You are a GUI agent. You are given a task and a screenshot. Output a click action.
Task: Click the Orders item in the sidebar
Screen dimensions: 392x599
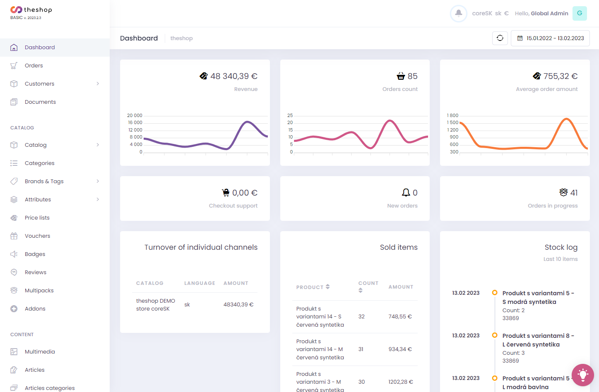pos(34,65)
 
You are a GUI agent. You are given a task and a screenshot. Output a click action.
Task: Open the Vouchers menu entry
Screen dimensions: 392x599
pos(37,236)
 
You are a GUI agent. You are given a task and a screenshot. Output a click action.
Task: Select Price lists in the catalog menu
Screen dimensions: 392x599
pos(37,218)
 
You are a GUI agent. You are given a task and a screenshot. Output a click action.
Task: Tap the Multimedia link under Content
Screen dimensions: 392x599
pos(40,351)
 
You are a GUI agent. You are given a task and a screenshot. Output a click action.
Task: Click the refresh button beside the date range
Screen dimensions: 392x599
pos(500,38)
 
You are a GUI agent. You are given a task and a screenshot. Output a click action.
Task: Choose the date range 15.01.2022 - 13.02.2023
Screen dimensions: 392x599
pos(550,38)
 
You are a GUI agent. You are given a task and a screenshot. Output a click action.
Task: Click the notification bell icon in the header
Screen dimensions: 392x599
pos(458,13)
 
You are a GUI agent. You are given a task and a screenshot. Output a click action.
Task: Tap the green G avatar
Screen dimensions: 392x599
pos(579,13)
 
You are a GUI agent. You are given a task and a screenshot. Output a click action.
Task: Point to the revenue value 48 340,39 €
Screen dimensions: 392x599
pos(233,76)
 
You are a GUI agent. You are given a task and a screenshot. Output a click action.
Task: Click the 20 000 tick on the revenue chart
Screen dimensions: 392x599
pos(135,115)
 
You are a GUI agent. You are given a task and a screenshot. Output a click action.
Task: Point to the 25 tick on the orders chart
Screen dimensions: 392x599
pos(290,115)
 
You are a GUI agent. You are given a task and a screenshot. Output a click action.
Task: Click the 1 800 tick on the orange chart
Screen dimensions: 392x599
pos(452,115)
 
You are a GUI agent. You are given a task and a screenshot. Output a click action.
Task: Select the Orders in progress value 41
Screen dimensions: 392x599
pos(574,193)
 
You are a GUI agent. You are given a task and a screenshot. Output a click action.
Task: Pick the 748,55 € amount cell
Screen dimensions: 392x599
pos(400,316)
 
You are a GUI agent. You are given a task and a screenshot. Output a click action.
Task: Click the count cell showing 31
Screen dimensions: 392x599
pos(361,349)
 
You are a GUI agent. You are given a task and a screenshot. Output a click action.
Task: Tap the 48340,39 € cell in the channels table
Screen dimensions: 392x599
pos(238,304)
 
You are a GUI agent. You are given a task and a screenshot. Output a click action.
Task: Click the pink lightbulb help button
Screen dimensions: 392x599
pos(582,375)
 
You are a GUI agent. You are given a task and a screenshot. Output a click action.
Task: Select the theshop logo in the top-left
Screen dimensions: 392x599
pos(31,10)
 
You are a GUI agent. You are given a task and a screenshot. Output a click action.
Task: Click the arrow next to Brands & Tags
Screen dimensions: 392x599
pos(98,181)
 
